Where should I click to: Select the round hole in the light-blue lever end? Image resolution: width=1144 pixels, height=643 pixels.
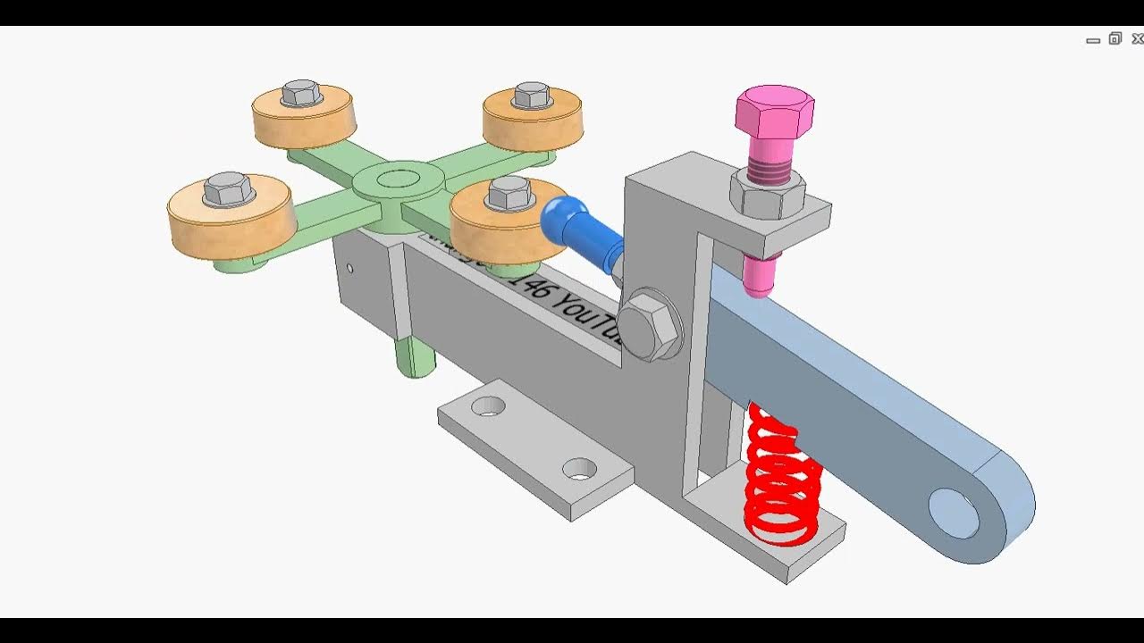[x=954, y=514]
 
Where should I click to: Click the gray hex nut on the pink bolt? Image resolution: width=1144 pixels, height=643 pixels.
[x=768, y=196]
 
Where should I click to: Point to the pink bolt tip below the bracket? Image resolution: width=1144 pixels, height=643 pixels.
[x=759, y=276]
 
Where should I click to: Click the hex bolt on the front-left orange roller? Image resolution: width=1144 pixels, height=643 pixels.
[x=229, y=188]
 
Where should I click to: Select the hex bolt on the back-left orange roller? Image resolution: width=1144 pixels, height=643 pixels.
[x=301, y=92]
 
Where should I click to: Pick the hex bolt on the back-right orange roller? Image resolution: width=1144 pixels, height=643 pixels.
[x=533, y=95]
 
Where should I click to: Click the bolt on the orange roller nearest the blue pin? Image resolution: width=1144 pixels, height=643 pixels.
[x=510, y=192]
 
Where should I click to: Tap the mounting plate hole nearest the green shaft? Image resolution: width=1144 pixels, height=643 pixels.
[x=488, y=406]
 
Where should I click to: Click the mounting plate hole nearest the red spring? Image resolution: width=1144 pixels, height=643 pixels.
[x=579, y=468]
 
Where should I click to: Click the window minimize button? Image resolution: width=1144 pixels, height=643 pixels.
[x=1093, y=40]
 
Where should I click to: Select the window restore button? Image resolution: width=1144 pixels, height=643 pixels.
[x=1115, y=38]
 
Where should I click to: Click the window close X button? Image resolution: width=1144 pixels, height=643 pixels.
[x=1137, y=38]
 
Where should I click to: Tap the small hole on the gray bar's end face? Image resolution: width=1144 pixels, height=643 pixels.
[x=349, y=268]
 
